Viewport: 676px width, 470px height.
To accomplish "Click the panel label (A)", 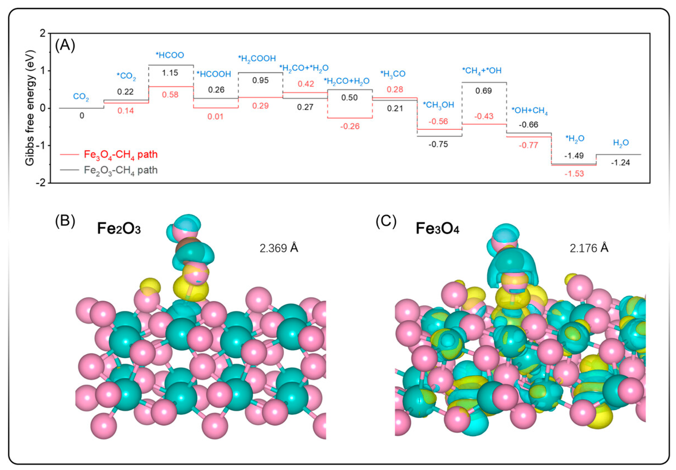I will click(x=65, y=46).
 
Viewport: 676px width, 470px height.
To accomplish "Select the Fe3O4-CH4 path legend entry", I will click(x=120, y=154).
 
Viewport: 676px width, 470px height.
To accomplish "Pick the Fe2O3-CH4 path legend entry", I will click(x=120, y=170).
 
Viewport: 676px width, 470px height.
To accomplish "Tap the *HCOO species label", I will click(x=170, y=55).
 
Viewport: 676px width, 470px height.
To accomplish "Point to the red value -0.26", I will click(x=350, y=126).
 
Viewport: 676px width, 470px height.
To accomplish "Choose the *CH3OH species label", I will click(x=438, y=105).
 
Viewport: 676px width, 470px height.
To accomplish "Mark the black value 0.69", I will click(x=483, y=91).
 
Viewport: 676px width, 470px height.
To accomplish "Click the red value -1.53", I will click(x=574, y=174).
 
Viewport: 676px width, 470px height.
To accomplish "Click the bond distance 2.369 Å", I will click(x=279, y=248).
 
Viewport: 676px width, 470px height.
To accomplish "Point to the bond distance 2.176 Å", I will click(x=589, y=248).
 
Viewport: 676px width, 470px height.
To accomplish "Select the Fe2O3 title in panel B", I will click(x=119, y=229).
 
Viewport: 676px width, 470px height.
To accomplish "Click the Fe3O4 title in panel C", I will click(x=437, y=229).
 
